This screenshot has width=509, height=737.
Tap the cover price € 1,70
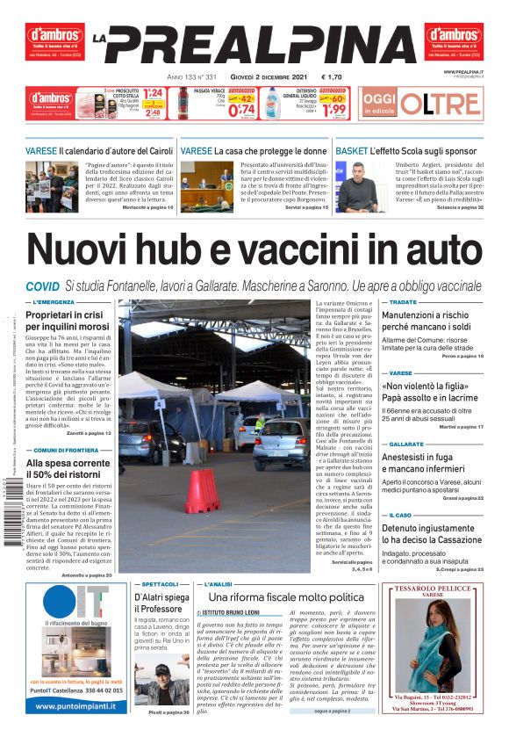pyautogui.click(x=333, y=77)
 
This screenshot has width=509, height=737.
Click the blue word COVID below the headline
pyautogui.click(x=42, y=286)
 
